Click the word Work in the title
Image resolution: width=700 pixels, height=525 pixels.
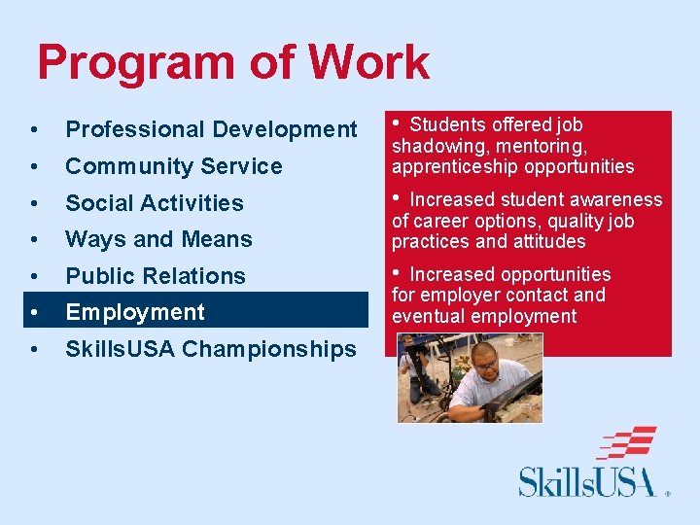pyautogui.click(x=369, y=62)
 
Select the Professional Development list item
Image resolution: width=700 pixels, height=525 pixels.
pyautogui.click(x=211, y=129)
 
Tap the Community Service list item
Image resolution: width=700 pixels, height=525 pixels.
pyautogui.click(x=173, y=166)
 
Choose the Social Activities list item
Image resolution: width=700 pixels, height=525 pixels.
pyautogui.click(x=154, y=203)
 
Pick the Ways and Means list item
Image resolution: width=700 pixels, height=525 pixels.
pyautogui.click(x=158, y=239)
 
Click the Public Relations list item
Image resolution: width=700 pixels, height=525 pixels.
pyautogui.click(x=156, y=276)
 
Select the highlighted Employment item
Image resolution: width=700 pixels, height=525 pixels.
pyautogui.click(x=135, y=312)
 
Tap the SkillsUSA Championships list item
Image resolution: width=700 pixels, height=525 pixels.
pyautogui.click(x=210, y=349)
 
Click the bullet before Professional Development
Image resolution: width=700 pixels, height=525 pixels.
pyautogui.click(x=34, y=130)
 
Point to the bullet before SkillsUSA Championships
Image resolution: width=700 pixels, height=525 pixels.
pyautogui.click(x=34, y=350)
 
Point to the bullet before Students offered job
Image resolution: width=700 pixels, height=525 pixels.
pyautogui.click(x=397, y=124)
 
